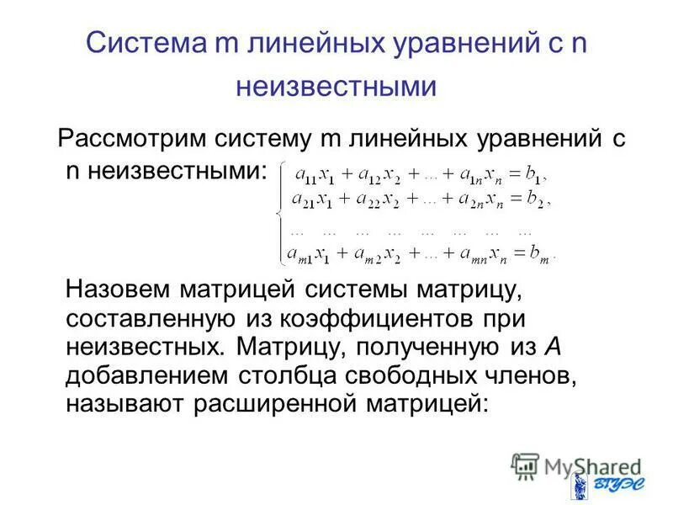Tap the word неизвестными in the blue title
pyautogui.click(x=336, y=88)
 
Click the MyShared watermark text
pyautogui.click(x=580, y=465)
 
